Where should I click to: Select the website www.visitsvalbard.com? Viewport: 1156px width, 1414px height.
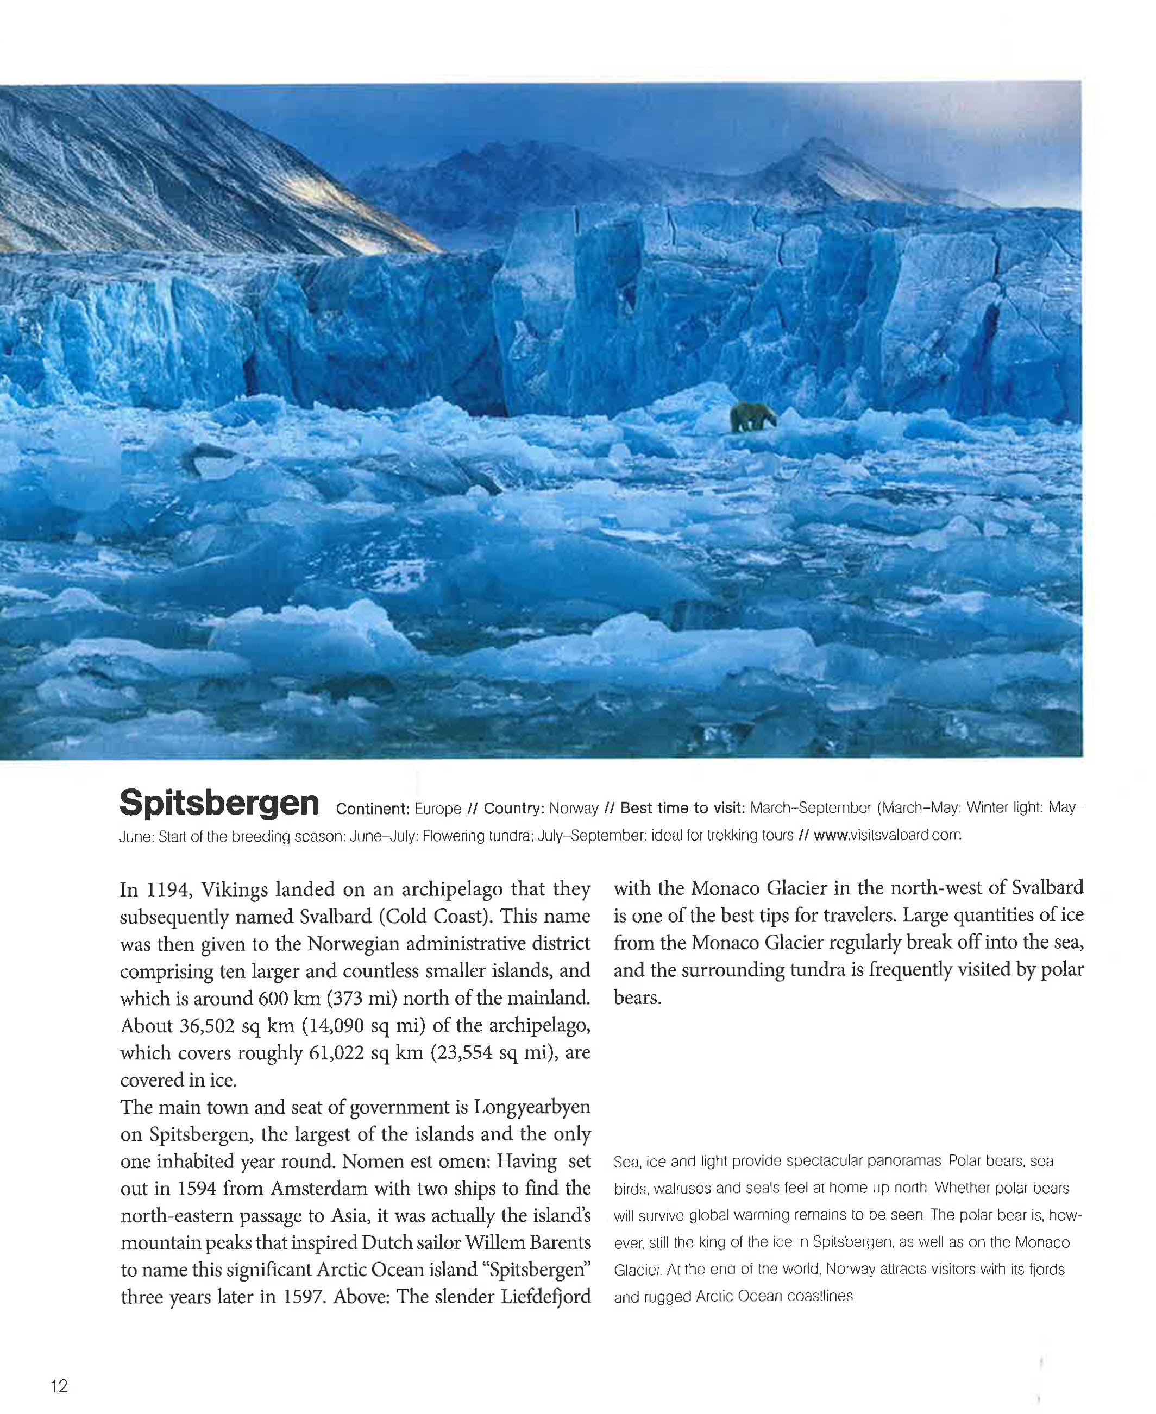pyautogui.click(x=887, y=835)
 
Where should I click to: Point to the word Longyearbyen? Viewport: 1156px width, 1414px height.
pyautogui.click(x=531, y=1107)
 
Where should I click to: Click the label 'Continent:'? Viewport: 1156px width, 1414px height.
pyautogui.click(x=372, y=809)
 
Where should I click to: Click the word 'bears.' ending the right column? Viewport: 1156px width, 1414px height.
pyautogui.click(x=637, y=998)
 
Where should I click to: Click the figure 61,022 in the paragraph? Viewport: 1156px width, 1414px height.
pyautogui.click(x=336, y=1052)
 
